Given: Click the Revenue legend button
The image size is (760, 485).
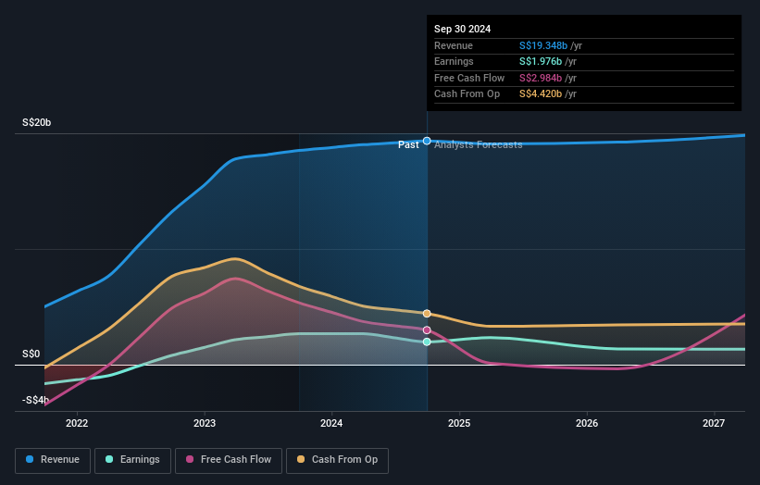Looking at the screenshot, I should [53, 460].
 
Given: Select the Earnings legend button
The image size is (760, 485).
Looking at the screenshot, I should [132, 460].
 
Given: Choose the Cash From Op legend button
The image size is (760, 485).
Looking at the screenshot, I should [337, 460].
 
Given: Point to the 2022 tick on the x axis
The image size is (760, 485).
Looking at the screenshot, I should [77, 424].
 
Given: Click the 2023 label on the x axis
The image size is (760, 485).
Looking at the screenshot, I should [205, 424].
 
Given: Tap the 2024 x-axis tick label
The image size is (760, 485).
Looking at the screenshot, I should [331, 424].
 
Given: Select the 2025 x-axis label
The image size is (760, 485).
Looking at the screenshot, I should [459, 424].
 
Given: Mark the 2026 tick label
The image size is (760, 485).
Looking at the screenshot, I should [586, 424].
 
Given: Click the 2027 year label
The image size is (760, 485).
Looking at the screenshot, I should [714, 424].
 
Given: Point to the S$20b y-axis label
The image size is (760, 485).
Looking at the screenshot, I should [37, 122].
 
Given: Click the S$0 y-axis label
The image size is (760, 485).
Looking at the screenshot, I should [31, 354].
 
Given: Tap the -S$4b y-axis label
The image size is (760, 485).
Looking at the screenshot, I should [36, 400].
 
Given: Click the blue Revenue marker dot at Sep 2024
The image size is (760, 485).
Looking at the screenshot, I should [427, 141].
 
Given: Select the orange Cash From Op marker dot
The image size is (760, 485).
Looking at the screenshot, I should [427, 314].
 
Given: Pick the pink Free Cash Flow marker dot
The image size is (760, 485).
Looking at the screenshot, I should [427, 330].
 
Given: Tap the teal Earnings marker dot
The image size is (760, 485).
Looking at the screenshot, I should [427, 342].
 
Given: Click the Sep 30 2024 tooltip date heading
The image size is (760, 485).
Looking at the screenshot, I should [462, 29].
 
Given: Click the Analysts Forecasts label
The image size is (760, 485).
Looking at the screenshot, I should [478, 145].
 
